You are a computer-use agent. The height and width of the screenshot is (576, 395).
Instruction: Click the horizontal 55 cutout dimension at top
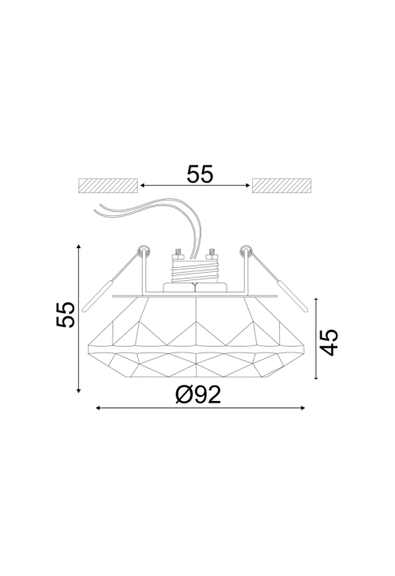pos(200,174)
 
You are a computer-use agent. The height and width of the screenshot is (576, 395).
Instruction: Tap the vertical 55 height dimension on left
pos(66,315)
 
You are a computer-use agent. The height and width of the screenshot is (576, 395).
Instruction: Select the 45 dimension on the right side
pos(328,342)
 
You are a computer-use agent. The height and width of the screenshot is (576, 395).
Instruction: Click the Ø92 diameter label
pos(198,395)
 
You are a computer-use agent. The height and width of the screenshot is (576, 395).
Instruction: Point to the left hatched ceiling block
pos(108,186)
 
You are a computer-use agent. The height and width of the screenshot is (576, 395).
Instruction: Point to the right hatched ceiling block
pos(282,186)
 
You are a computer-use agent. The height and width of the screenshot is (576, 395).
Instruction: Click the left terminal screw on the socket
pos(178,253)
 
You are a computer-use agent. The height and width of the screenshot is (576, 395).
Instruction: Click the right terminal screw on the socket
pos(211,253)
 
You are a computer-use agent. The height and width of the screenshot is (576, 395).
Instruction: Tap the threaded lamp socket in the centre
pos(195,270)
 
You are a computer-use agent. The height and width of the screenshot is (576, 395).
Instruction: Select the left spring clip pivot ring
pos(143,251)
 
